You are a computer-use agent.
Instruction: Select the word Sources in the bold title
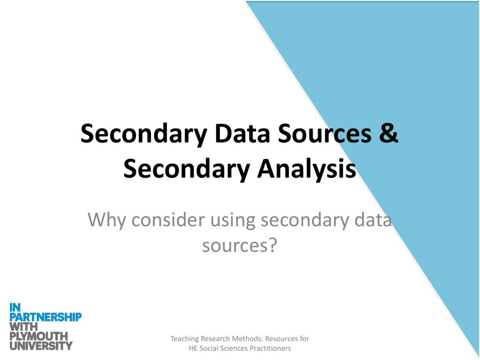pyautogui.click(x=323, y=133)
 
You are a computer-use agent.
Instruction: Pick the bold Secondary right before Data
pyautogui.click(x=143, y=133)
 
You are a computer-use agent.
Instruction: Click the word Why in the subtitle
pyautogui.click(x=107, y=220)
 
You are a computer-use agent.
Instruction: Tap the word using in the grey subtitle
pyautogui.click(x=233, y=220)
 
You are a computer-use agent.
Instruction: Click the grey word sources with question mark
pyautogui.click(x=239, y=245)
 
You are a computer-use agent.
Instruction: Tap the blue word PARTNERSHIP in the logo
pyautogui.click(x=45, y=317)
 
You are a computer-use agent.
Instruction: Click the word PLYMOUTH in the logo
pyautogui.click(x=39, y=336)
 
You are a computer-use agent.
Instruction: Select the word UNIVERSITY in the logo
pyautogui.click(x=41, y=346)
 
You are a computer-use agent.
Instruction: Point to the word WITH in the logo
pyautogui.click(x=24, y=327)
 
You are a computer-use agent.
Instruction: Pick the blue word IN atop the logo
pyautogui.click(x=15, y=307)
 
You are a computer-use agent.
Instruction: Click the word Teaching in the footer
pyautogui.click(x=185, y=338)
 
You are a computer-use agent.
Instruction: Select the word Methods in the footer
pyautogui.click(x=247, y=338)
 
